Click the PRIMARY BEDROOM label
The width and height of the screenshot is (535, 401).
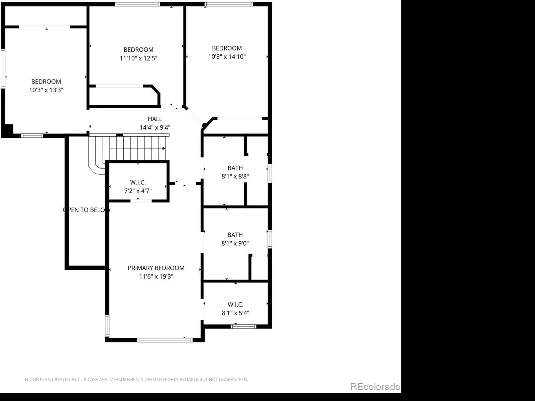click(156, 268)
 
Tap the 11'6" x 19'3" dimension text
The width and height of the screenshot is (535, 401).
click(156, 276)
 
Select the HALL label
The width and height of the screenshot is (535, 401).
click(155, 119)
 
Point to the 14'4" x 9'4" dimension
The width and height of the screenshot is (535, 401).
click(155, 127)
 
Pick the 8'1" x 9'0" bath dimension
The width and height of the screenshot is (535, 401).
click(235, 243)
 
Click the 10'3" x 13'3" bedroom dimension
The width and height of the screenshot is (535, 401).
click(46, 90)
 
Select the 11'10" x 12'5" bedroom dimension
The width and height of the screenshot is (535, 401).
click(138, 58)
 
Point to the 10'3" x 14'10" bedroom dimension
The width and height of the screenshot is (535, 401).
click(227, 56)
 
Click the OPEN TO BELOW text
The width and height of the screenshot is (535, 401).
click(87, 210)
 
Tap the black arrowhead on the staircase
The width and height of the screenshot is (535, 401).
click(164, 148)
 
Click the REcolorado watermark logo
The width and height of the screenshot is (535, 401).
click(375, 387)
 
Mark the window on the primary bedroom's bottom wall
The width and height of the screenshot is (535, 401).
click(165, 340)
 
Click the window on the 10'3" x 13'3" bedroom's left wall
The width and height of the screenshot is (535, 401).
click(3, 69)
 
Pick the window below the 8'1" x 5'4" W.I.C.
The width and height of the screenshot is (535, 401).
click(243, 326)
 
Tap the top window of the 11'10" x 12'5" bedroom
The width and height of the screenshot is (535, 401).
click(137, 4)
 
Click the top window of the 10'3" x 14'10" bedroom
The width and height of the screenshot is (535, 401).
click(229, 4)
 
